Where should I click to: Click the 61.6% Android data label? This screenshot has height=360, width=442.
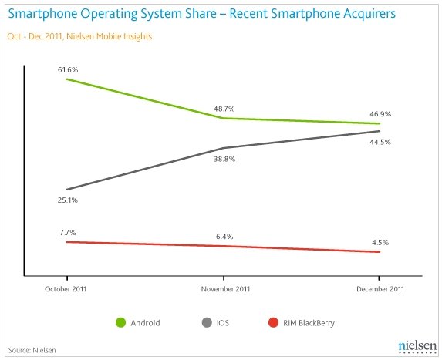click(68, 69)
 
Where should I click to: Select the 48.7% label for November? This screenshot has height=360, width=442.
click(224, 109)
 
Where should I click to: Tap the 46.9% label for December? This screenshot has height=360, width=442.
click(380, 114)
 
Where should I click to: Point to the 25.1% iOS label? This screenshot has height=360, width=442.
click(68, 200)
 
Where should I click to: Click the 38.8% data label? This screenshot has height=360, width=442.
click(224, 159)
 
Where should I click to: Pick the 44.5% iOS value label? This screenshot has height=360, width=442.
click(380, 142)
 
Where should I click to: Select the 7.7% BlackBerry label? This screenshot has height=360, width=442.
click(68, 233)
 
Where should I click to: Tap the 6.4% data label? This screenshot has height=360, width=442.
click(224, 237)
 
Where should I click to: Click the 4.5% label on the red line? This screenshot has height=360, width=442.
click(380, 242)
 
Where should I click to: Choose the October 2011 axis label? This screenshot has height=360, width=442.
click(66, 289)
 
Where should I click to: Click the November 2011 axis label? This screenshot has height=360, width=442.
click(225, 289)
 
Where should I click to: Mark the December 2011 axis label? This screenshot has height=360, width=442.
click(380, 289)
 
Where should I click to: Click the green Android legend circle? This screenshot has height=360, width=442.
click(120, 322)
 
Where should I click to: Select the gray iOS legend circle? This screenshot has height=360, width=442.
click(207, 322)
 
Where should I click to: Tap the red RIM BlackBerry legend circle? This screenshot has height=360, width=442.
click(273, 322)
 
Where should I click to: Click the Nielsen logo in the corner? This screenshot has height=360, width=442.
click(418, 346)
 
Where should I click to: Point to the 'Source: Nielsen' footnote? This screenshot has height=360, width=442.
click(32, 350)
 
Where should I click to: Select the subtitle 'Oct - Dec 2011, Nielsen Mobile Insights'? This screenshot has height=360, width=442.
click(79, 37)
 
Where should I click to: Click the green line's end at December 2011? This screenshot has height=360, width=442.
click(380, 123)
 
